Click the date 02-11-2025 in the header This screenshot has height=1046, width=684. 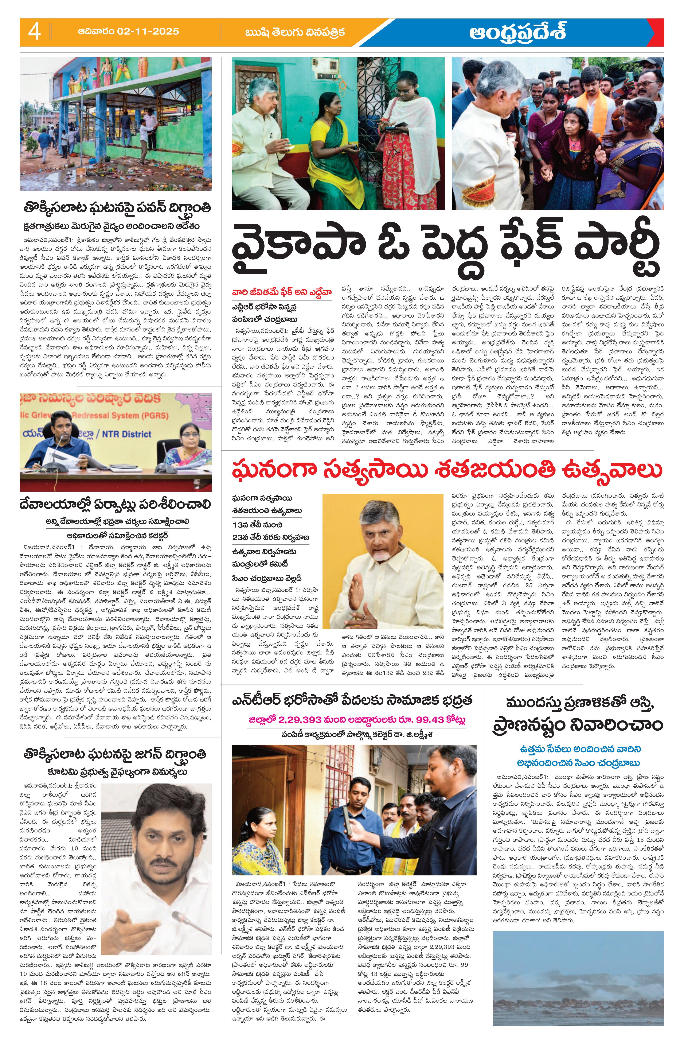point(148,32)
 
